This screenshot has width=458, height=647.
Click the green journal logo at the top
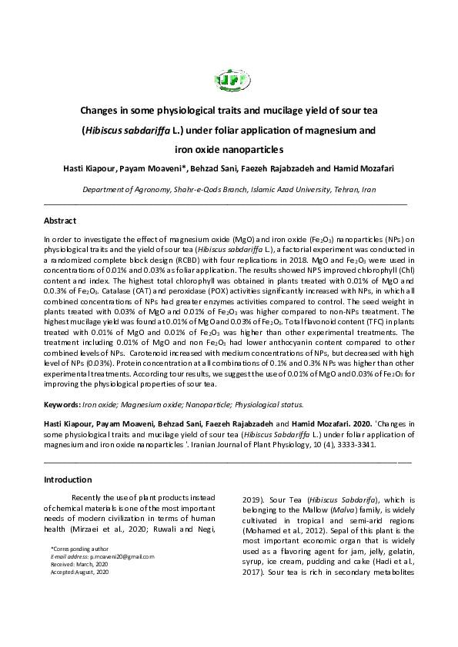(x=229, y=78)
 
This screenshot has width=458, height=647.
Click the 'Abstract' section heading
(x=60, y=221)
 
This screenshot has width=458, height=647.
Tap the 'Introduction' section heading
(x=68, y=479)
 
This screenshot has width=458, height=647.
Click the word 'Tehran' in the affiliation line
(x=340, y=188)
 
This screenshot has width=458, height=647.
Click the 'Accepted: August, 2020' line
(x=80, y=572)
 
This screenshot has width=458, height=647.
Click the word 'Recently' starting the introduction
(x=91, y=499)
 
